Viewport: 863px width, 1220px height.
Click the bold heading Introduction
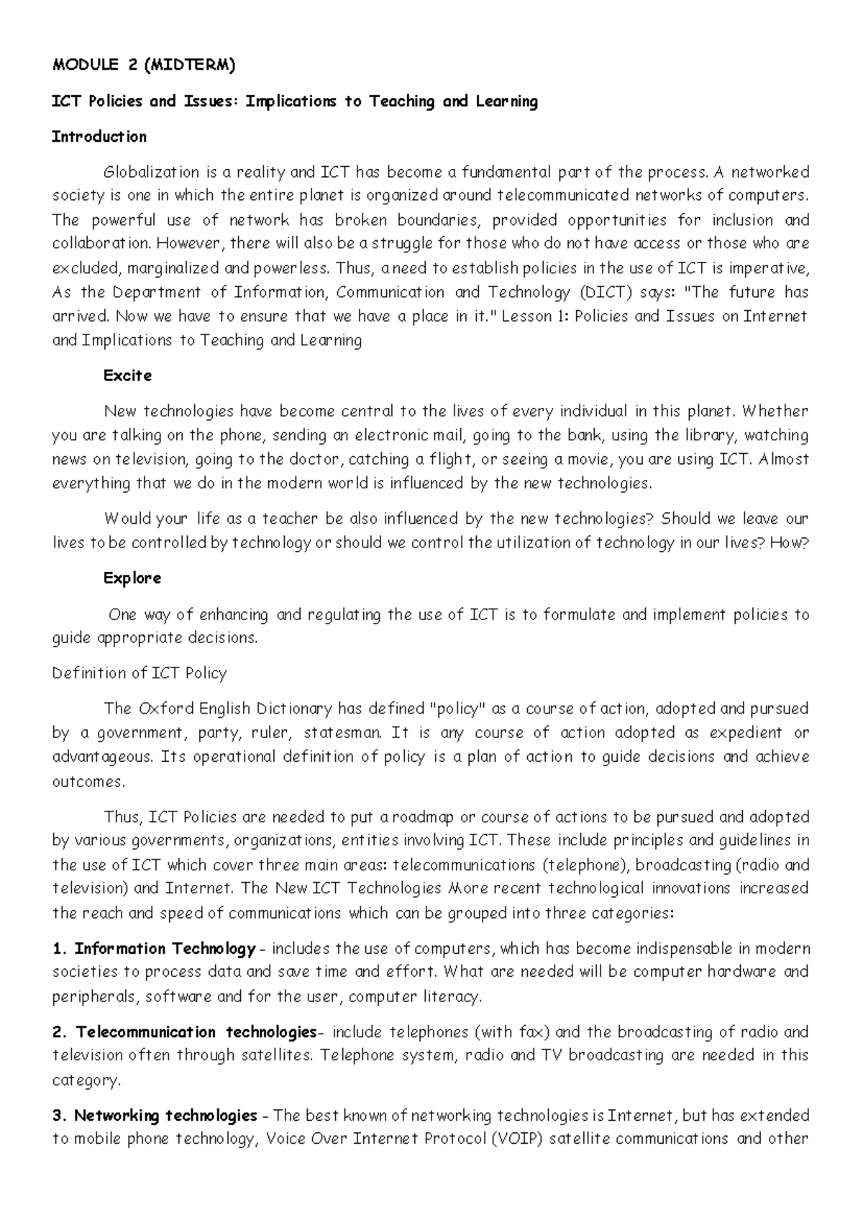(99, 137)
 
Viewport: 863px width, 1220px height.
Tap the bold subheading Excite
(127, 375)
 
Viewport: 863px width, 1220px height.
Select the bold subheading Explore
(132, 578)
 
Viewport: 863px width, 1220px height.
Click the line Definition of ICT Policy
(140, 673)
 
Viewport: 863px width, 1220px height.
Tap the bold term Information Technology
(165, 949)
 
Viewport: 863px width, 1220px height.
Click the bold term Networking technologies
(165, 1116)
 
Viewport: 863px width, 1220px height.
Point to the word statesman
(345, 733)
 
